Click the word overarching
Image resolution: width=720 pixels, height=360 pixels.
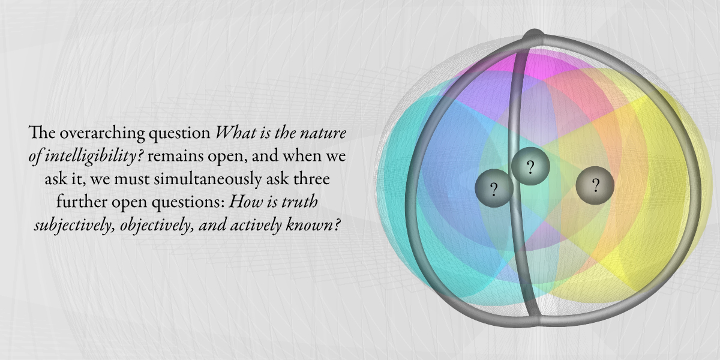coord(102,133)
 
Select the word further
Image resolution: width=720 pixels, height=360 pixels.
coord(82,202)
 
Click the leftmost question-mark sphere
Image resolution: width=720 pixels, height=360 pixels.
coord(494,188)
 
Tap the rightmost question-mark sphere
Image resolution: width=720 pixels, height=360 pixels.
coord(595,185)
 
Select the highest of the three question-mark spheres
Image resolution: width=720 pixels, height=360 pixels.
coord(530,166)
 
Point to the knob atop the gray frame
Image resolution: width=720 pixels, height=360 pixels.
coord(533,35)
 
